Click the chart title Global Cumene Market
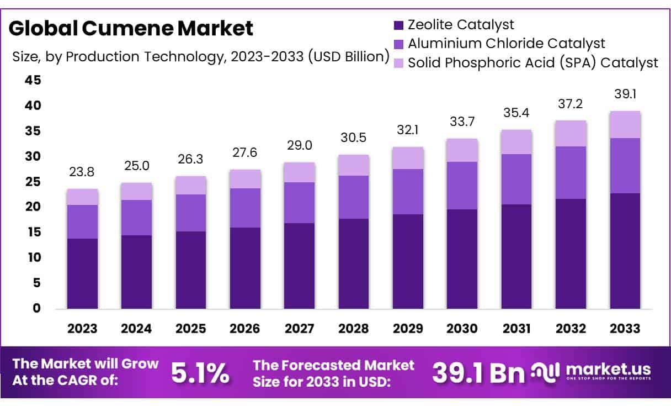131,28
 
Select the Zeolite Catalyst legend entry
460,25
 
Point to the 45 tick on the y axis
33,81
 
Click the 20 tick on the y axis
33,207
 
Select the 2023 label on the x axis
82,329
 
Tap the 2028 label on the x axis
354,329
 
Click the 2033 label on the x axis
625,329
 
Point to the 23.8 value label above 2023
82,172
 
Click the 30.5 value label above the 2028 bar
354,138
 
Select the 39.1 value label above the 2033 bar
625,94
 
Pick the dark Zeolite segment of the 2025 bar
191,270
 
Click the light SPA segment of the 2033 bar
625,124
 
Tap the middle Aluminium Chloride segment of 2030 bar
462,186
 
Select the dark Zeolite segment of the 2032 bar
571,253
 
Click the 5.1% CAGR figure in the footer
200,374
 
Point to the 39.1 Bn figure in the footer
478,374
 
